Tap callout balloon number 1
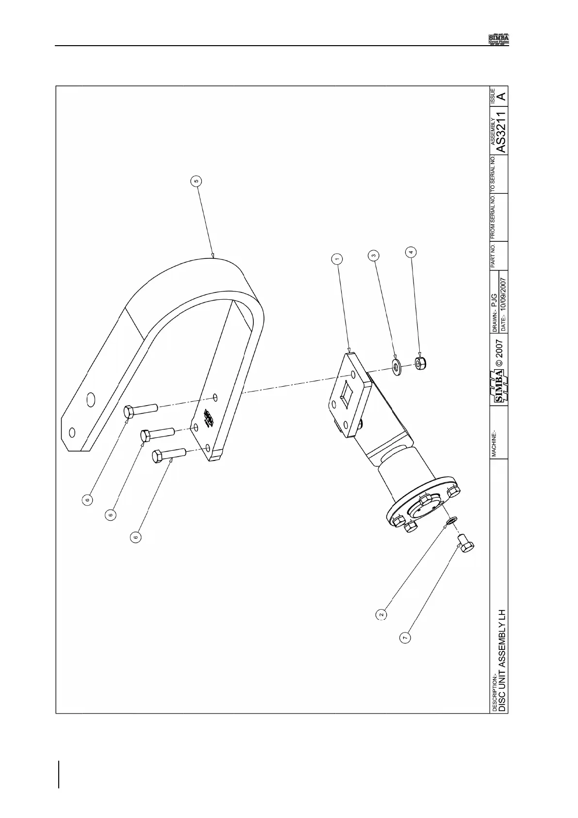coord(337,259)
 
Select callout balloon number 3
coord(373,255)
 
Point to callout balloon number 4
coord(411,252)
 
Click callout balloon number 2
coord(382,614)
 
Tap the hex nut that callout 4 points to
coord(419,362)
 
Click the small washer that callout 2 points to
coord(451,521)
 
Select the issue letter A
coord(502,97)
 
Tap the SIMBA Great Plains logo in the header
coord(498,39)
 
